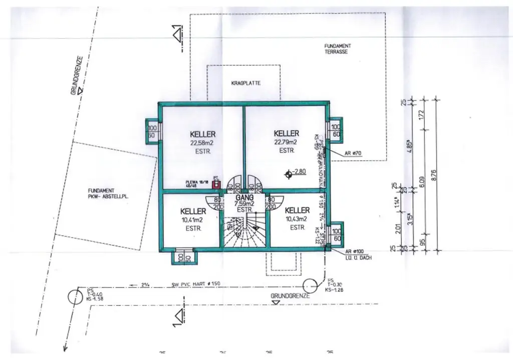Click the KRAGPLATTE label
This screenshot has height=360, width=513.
246,83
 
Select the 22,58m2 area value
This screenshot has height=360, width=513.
202,142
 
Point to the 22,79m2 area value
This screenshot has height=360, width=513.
286,142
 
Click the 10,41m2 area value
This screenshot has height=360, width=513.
192,220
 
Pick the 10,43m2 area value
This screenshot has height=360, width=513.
297,219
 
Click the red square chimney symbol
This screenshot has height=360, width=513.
216,184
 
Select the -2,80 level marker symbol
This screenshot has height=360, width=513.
288,174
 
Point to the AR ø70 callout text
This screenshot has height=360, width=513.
353,153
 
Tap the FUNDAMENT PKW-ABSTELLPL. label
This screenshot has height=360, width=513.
108,193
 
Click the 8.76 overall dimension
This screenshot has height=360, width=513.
434,175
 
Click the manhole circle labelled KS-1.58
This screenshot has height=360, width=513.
75,295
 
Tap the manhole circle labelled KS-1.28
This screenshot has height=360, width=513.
313,285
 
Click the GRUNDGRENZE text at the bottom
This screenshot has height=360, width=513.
290,296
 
